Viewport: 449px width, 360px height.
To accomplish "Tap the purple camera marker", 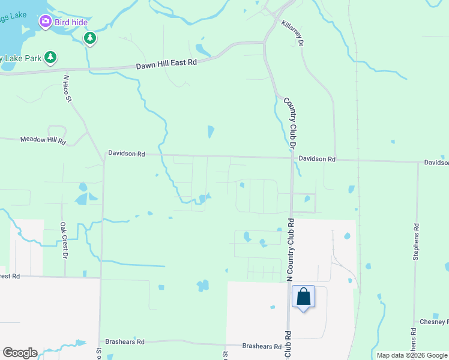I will click(x=45, y=22).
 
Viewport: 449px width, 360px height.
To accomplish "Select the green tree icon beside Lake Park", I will click(x=52, y=58).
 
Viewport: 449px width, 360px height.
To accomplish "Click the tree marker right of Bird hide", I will click(x=90, y=39).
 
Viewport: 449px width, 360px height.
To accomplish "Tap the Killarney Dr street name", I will click(x=293, y=35).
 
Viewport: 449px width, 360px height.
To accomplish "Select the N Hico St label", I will click(x=67, y=88).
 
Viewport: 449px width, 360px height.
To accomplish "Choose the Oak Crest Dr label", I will click(x=63, y=240).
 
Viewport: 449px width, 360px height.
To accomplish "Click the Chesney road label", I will click(x=433, y=322).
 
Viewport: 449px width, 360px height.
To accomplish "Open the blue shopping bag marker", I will click(x=303, y=296).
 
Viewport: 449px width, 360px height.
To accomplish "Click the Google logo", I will click(x=20, y=353).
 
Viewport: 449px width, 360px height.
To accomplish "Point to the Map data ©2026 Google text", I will click(x=411, y=355).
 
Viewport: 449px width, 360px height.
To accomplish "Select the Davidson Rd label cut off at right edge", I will click(x=436, y=163).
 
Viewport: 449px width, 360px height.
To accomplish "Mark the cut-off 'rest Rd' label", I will click(x=10, y=276).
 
